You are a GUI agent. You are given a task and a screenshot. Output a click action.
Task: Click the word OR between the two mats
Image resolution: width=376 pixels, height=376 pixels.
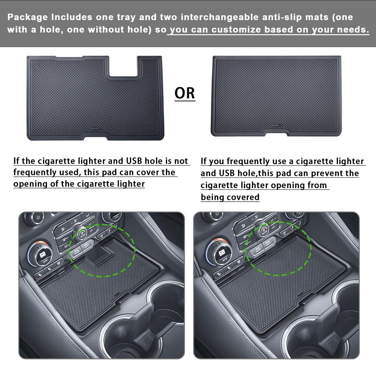pyautogui.click(x=185, y=93)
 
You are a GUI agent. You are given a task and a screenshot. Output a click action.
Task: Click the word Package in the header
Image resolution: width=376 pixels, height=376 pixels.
pyautogui.click(x=28, y=17)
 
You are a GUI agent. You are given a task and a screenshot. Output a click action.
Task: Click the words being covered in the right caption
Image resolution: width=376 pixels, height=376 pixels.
pyautogui.click(x=230, y=197)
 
